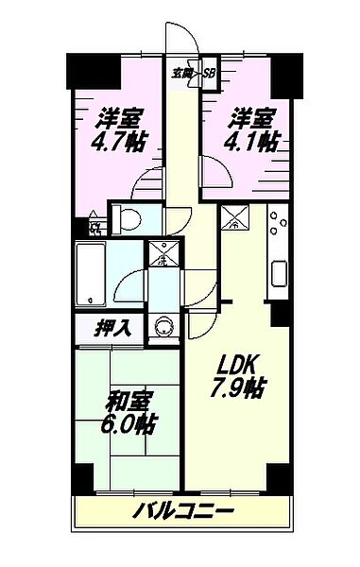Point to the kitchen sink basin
point(281,274)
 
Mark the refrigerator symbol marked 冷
point(232,220)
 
